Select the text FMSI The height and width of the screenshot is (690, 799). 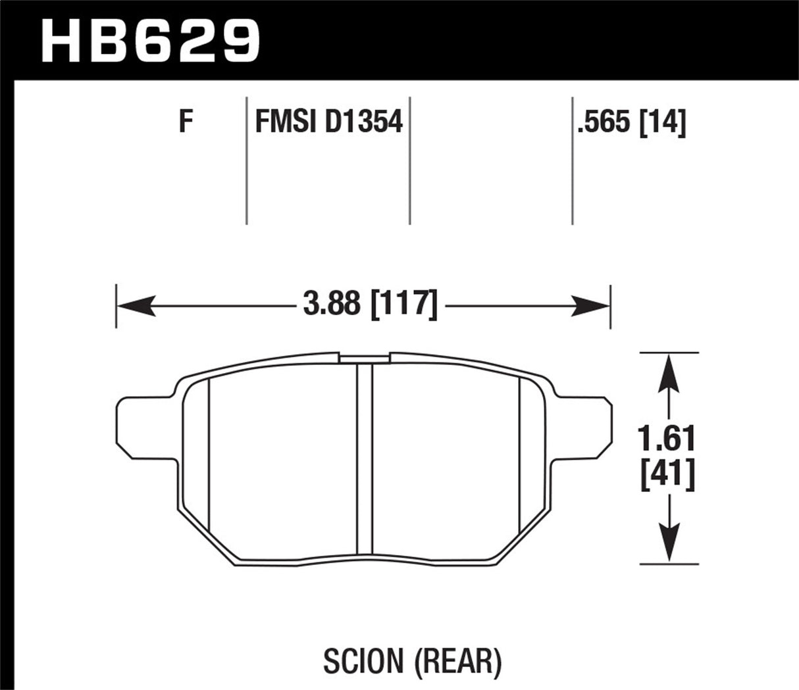coord(286,122)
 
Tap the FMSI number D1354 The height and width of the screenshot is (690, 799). coord(363,122)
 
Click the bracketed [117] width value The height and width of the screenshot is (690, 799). coord(403,305)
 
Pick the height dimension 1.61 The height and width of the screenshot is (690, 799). coord(669,438)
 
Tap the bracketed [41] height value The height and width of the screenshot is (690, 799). coord(669,475)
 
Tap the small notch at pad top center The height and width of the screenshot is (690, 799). coord(365,358)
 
